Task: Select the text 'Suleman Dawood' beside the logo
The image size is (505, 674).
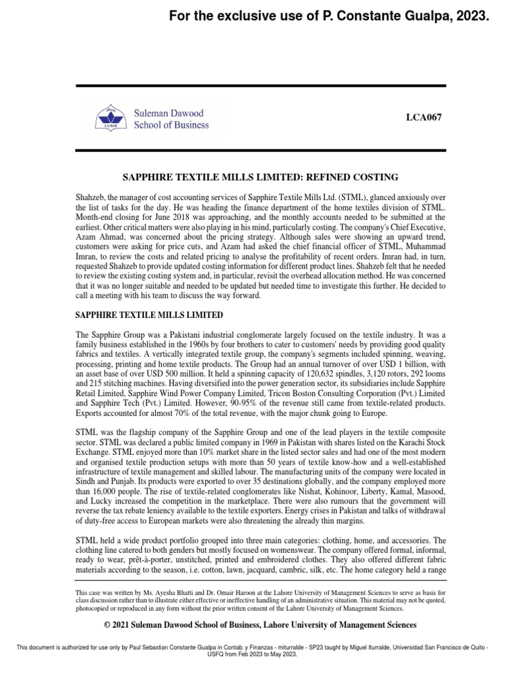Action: pos(169,113)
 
